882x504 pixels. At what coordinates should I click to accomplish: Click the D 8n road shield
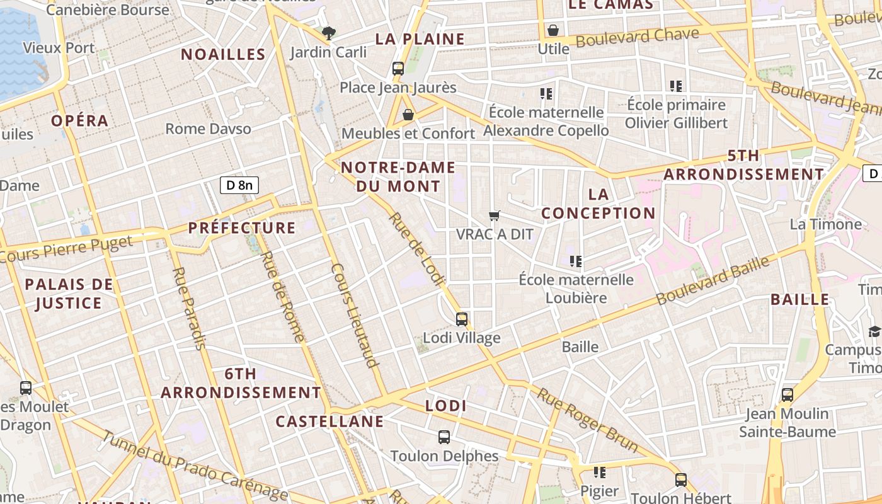pos(239,185)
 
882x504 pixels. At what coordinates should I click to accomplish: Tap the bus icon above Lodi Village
pos(462,319)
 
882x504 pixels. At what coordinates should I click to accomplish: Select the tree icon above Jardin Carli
pos(328,33)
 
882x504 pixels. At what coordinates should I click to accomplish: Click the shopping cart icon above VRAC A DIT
pos(495,216)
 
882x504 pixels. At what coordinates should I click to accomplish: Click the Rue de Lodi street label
pos(417,249)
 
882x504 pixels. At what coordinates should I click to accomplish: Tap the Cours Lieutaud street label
pos(354,315)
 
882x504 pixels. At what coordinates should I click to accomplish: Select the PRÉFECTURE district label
pos(242,228)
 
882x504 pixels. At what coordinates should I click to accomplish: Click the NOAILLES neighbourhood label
pos(224,55)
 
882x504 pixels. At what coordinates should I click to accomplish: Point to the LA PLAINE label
pos(420,39)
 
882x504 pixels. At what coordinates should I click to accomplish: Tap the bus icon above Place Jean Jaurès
pos(398,69)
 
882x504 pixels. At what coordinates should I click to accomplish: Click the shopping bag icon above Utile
pos(553,30)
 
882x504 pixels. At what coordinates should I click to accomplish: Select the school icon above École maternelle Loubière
pos(575,261)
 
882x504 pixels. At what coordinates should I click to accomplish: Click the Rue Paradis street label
pos(188,308)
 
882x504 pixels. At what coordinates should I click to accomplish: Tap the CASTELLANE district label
pos(329,421)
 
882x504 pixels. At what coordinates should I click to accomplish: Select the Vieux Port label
pos(59,48)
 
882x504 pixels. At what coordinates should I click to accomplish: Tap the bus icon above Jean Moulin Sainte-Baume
pos(787,395)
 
